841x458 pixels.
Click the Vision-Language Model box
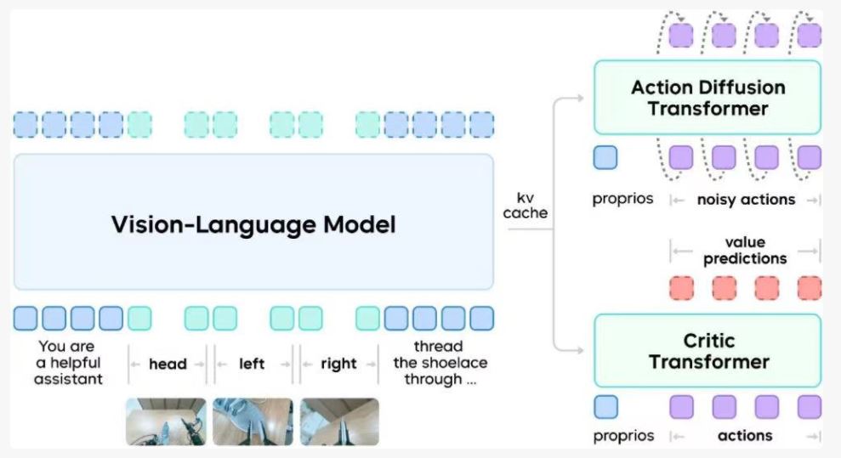(253, 223)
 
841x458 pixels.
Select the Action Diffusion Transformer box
(707, 98)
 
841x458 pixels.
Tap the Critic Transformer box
(707, 351)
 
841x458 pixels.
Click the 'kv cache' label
(525, 205)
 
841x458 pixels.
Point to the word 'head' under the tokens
(168, 364)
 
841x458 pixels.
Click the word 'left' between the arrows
(252, 364)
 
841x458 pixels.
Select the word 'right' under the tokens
(338, 364)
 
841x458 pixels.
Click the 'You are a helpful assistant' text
(67, 363)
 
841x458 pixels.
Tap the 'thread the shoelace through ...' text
(440, 363)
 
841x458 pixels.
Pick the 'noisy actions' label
(746, 200)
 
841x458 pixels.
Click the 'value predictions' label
(745, 251)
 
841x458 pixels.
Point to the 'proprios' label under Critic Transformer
(623, 436)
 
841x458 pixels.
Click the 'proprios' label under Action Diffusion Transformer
(623, 200)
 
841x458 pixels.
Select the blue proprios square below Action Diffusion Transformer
(605, 158)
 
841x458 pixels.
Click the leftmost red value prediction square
(682, 287)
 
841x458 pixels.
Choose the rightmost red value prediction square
(810, 287)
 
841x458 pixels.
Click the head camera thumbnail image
(166, 421)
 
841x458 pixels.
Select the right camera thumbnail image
(339, 421)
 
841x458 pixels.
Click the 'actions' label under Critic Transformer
(745, 436)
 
